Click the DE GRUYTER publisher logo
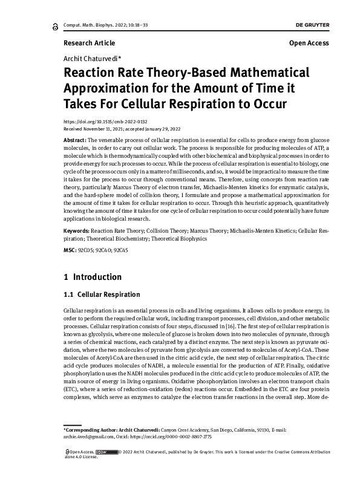(x=312, y=24)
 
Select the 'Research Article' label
(x=89, y=43)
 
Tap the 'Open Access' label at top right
(x=309, y=43)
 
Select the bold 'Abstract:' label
(x=75, y=140)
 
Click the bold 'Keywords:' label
(x=77, y=230)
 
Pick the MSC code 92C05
(x=87, y=250)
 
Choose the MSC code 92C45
(x=121, y=250)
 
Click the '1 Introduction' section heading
(x=93, y=277)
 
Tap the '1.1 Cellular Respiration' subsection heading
(x=102, y=295)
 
